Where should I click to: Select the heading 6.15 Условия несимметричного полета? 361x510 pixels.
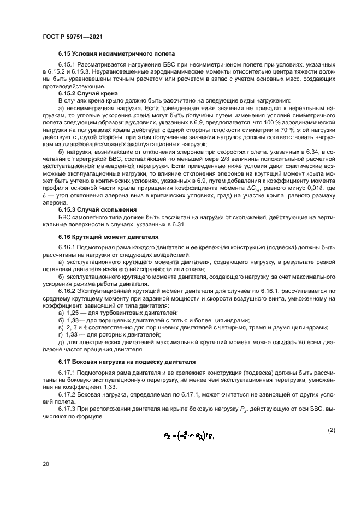[116, 54]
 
